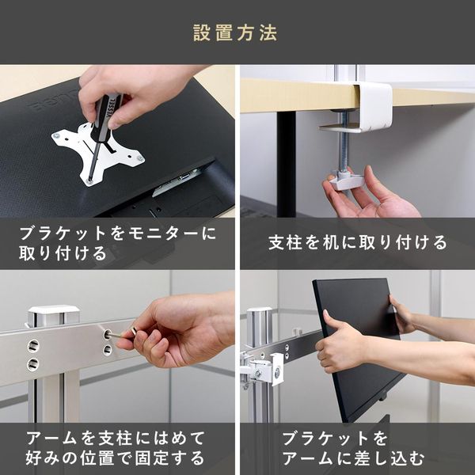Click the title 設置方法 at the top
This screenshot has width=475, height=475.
[235, 32]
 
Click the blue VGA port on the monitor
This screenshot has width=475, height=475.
[185, 176]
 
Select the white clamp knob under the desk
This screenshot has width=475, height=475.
[347, 180]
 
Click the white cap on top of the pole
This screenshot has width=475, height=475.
[54, 313]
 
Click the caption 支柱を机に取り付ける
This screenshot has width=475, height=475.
[358, 243]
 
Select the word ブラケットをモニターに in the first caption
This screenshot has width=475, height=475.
[118, 234]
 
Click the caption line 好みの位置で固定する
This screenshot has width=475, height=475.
[115, 458]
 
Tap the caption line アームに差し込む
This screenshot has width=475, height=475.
[353, 458]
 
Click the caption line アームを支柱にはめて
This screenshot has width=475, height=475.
[116, 439]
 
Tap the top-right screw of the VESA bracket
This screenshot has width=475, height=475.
[140, 158]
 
